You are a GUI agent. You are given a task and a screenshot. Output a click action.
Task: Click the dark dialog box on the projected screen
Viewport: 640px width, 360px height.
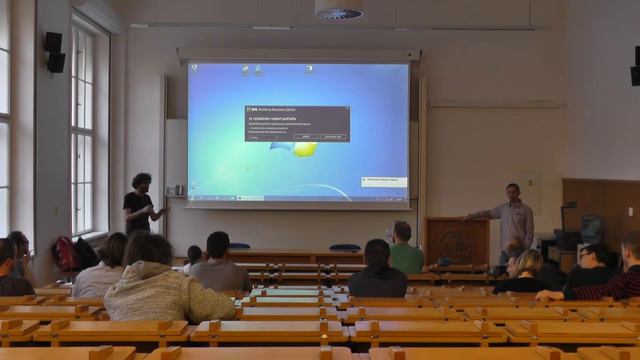[297, 123]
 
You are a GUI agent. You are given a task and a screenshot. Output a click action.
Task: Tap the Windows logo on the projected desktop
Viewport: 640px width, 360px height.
[304, 149]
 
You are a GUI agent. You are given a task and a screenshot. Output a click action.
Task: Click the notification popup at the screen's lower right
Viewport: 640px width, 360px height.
[384, 182]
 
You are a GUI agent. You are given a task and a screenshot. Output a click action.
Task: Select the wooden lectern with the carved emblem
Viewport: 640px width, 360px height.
[457, 241]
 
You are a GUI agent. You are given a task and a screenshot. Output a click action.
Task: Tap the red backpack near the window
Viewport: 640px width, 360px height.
[66, 254]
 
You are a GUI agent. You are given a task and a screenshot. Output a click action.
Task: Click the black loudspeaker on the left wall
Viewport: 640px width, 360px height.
[54, 52]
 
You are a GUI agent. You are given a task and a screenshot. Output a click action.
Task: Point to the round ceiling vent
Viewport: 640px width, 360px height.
[338, 10]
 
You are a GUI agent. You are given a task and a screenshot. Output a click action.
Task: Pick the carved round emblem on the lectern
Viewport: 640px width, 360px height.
[457, 243]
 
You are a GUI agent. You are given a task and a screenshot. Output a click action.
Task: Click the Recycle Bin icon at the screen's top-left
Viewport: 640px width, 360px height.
[194, 70]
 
